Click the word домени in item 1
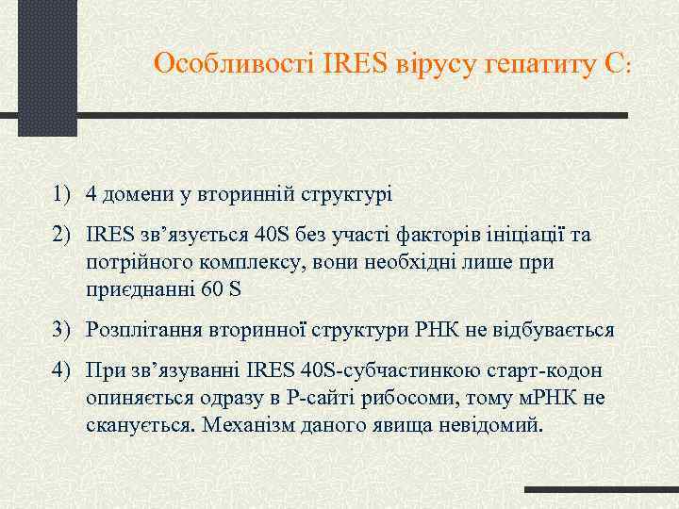pos(136,195)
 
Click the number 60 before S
pos(213,288)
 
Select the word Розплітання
pos(139,330)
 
